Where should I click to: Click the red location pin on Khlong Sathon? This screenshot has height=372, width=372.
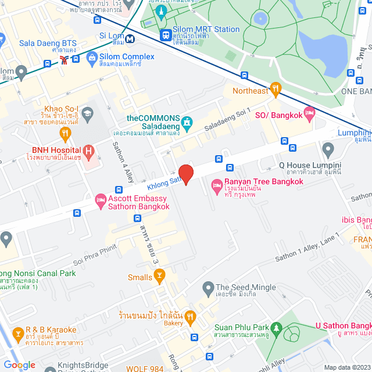coord(185,174)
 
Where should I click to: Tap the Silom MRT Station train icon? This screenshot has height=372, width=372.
coord(167,35)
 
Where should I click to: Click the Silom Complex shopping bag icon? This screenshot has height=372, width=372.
coord(91,57)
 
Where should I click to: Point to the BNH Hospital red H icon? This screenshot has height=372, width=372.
coord(88,153)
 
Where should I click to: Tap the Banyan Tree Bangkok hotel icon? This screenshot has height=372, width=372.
coord(217,186)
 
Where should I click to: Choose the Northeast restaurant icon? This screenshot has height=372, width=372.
coord(276,90)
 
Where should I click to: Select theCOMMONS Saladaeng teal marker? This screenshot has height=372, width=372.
coord(187,123)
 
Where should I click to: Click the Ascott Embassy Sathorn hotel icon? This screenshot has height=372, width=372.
coord(99,201)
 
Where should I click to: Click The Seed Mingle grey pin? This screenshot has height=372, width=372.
coord(208,287)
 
